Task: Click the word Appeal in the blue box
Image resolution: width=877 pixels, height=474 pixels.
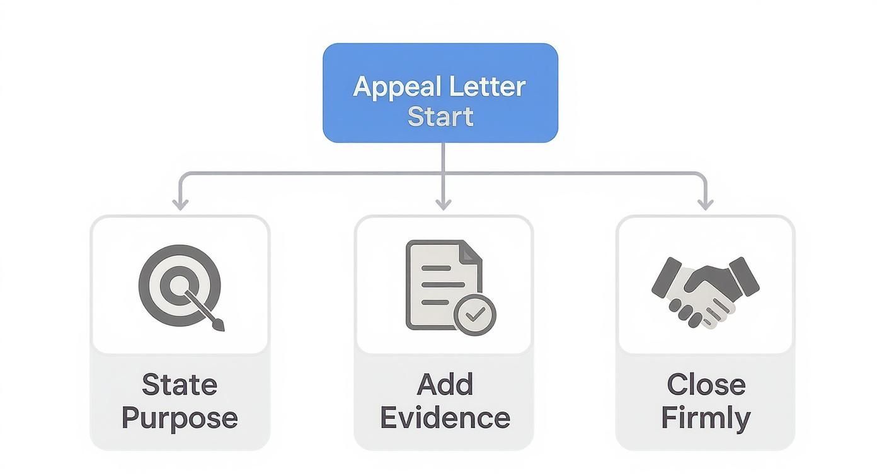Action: [x=396, y=87]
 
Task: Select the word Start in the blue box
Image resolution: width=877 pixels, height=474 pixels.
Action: [x=440, y=117]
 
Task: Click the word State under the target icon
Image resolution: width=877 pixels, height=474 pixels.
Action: [x=180, y=384]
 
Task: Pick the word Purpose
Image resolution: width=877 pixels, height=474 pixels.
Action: [x=180, y=418]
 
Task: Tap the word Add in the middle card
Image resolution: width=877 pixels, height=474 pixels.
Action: [x=445, y=384]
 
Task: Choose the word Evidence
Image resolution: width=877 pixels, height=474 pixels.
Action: [x=445, y=418]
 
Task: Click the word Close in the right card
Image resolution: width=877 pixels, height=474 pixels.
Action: [x=706, y=384]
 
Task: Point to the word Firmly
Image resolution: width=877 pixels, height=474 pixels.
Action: [x=706, y=418]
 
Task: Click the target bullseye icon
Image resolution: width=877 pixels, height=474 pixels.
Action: [x=180, y=286]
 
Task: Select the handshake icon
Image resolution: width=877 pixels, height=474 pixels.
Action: [x=706, y=290]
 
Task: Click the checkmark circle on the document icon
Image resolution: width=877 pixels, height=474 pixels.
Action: [x=475, y=314]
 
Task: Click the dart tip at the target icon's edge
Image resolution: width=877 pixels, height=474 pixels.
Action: [x=219, y=326]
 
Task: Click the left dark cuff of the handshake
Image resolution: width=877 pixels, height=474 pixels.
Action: [x=665, y=275]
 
